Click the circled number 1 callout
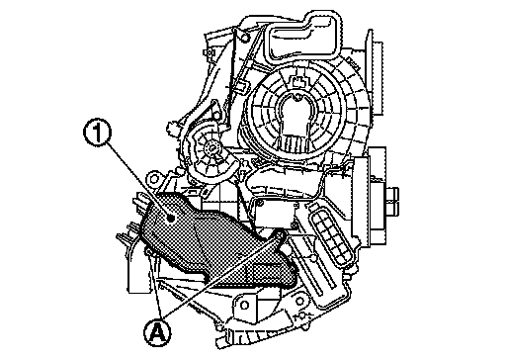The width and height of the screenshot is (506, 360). [x=97, y=132]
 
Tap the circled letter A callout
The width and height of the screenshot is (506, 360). [x=157, y=332]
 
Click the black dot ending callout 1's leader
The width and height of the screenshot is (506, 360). [x=171, y=218]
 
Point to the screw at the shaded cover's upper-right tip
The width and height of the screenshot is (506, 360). [x=281, y=234]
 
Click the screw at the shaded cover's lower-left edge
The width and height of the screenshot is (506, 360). [x=149, y=252]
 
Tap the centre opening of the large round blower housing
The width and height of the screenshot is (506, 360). [x=296, y=116]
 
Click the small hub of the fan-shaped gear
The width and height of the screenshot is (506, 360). [x=211, y=149]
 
